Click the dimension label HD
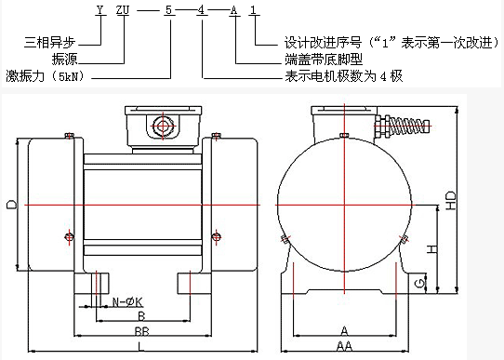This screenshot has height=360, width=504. coord(451,201)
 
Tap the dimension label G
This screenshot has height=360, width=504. coord(420,284)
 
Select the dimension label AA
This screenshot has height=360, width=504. coord(345,346)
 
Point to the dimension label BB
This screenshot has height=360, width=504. coord(141,331)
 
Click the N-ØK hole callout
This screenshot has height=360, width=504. coord(127,302)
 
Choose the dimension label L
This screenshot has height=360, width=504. coord(140,346)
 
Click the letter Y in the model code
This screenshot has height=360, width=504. coord(100,10)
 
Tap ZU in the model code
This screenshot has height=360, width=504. coord(123,10)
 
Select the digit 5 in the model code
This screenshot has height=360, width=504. coord(168,10)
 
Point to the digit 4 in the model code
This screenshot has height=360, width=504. coord(201,10)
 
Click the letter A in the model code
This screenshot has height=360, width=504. coord(233,10)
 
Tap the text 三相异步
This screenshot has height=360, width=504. coord(49,43)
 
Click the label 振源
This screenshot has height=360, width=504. coord(64,60)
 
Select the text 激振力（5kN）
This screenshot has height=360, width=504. coord(46,76)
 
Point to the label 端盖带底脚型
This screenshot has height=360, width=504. coord(324,60)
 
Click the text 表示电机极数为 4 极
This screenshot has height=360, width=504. coord(344,76)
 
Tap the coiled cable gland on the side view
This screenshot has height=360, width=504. coord(403,127)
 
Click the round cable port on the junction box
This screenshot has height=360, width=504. coord(163,127)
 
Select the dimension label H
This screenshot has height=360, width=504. coord(432,249)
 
